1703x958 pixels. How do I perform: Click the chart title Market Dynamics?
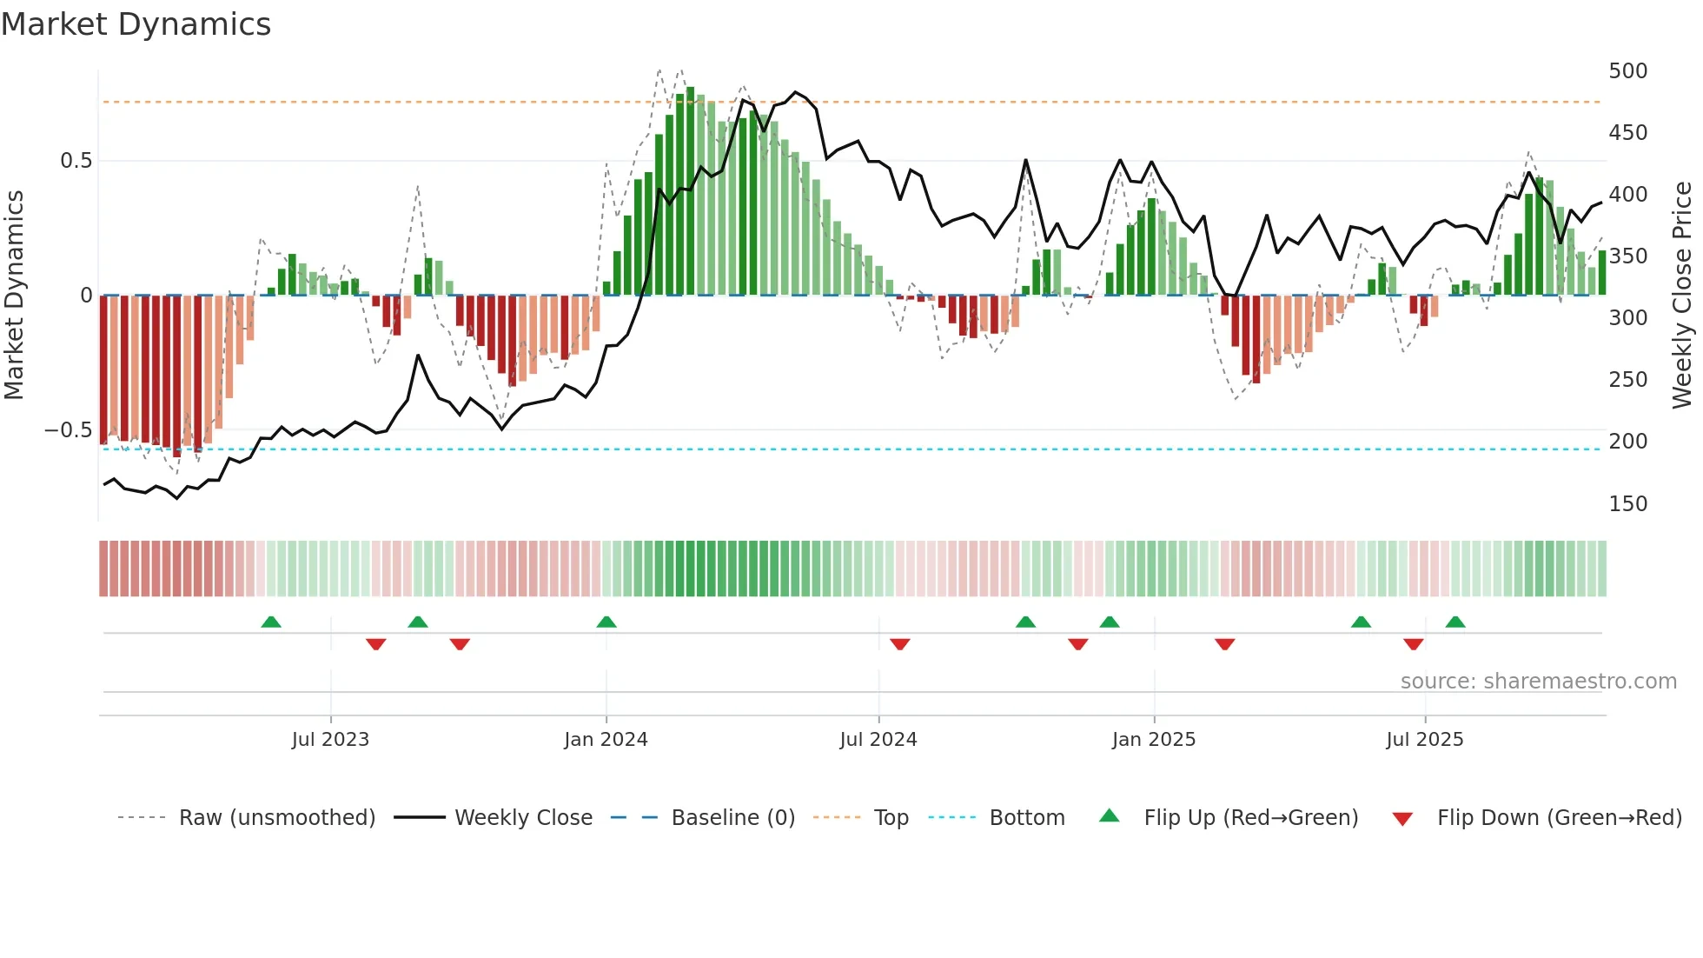[x=136, y=24]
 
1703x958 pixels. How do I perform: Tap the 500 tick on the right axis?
[x=1627, y=70]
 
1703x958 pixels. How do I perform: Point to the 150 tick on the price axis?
[x=1627, y=503]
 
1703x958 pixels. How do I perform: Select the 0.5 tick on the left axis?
[x=76, y=161]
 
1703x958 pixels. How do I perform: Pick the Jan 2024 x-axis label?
[x=606, y=740]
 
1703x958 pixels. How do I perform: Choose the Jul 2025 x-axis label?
[x=1424, y=740]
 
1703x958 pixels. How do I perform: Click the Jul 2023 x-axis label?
[x=330, y=740]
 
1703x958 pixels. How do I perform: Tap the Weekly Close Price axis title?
[x=1682, y=296]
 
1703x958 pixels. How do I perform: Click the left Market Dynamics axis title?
[x=14, y=296]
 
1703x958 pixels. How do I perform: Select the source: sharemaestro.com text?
[x=1538, y=682]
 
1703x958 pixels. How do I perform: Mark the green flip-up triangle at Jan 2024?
[x=606, y=622]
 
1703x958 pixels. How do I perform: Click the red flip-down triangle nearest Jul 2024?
[x=900, y=644]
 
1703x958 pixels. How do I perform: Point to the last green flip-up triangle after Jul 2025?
[x=1455, y=622]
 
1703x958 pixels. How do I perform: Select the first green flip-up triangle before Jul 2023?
[x=271, y=622]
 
